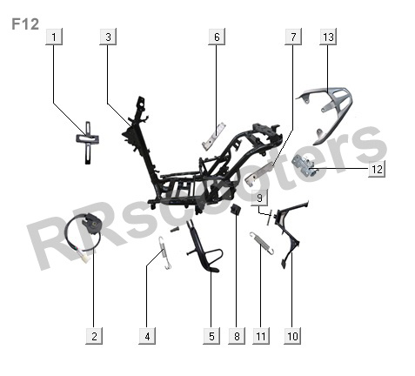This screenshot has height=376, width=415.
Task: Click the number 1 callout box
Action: [x=54, y=37]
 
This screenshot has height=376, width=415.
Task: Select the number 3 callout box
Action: [x=108, y=37]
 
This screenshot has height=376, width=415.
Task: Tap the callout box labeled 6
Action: [x=217, y=37]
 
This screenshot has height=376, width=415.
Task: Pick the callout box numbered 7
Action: [x=293, y=37]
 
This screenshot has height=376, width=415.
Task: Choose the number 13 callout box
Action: [x=328, y=37]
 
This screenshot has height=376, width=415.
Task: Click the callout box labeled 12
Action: [x=377, y=169]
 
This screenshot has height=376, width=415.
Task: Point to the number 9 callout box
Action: [x=259, y=198]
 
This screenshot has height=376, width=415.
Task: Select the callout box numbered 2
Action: [x=94, y=336]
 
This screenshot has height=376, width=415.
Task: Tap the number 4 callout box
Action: [x=147, y=336]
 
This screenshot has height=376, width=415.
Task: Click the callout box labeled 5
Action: [x=211, y=336]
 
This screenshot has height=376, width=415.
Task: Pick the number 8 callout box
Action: [x=237, y=336]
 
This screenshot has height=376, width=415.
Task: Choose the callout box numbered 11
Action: [x=261, y=336]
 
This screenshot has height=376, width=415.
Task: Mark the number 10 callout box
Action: [x=292, y=336]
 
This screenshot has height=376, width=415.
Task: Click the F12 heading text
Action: [x=25, y=24]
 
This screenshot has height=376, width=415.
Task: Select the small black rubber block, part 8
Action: [x=236, y=209]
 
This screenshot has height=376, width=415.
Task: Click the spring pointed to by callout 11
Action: [x=261, y=244]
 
